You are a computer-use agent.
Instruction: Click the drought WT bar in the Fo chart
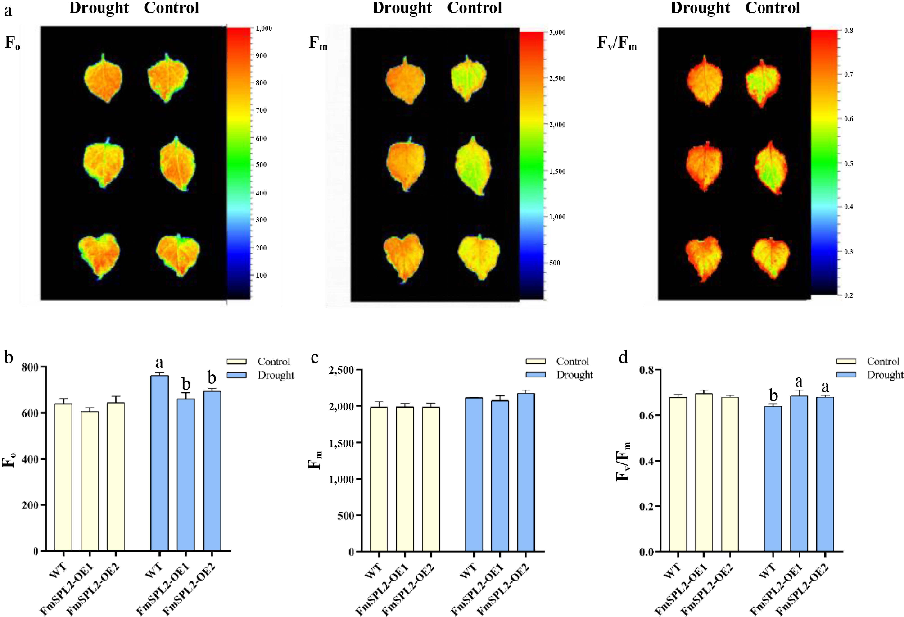pos(160,463)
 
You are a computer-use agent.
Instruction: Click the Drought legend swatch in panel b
pos(237,375)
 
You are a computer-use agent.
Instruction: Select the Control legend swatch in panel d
pos(846,361)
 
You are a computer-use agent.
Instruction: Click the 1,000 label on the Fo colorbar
pos(264,28)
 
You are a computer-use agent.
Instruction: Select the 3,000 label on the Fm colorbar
pos(557,32)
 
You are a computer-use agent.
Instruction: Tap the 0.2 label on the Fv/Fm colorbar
pos(848,295)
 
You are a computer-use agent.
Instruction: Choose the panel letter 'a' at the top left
pos(8,11)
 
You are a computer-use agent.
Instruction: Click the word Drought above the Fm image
pos(402,8)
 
